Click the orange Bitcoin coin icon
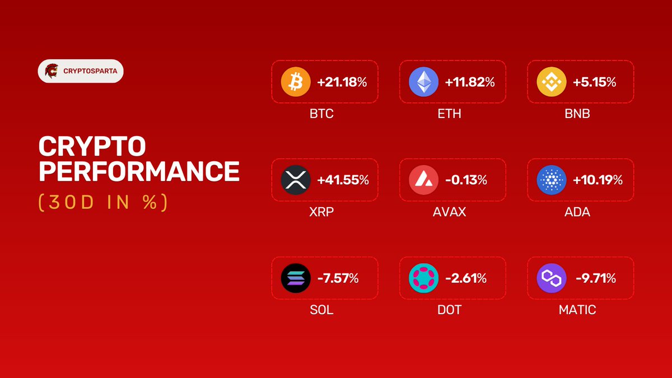(x=295, y=82)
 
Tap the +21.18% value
(x=342, y=82)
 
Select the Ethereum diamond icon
(x=423, y=82)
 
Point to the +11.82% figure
(x=470, y=82)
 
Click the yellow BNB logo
(x=551, y=82)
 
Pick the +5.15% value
(x=594, y=82)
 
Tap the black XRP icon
(x=295, y=180)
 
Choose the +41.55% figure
(x=343, y=180)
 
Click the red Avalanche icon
(x=423, y=180)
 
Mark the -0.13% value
(x=466, y=180)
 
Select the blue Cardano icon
(x=551, y=180)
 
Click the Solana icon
(x=295, y=278)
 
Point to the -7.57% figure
(x=338, y=278)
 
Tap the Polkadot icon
(x=423, y=278)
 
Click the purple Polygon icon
(x=551, y=278)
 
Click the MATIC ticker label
(x=577, y=310)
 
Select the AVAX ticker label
(x=449, y=212)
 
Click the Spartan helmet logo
(x=52, y=71)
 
